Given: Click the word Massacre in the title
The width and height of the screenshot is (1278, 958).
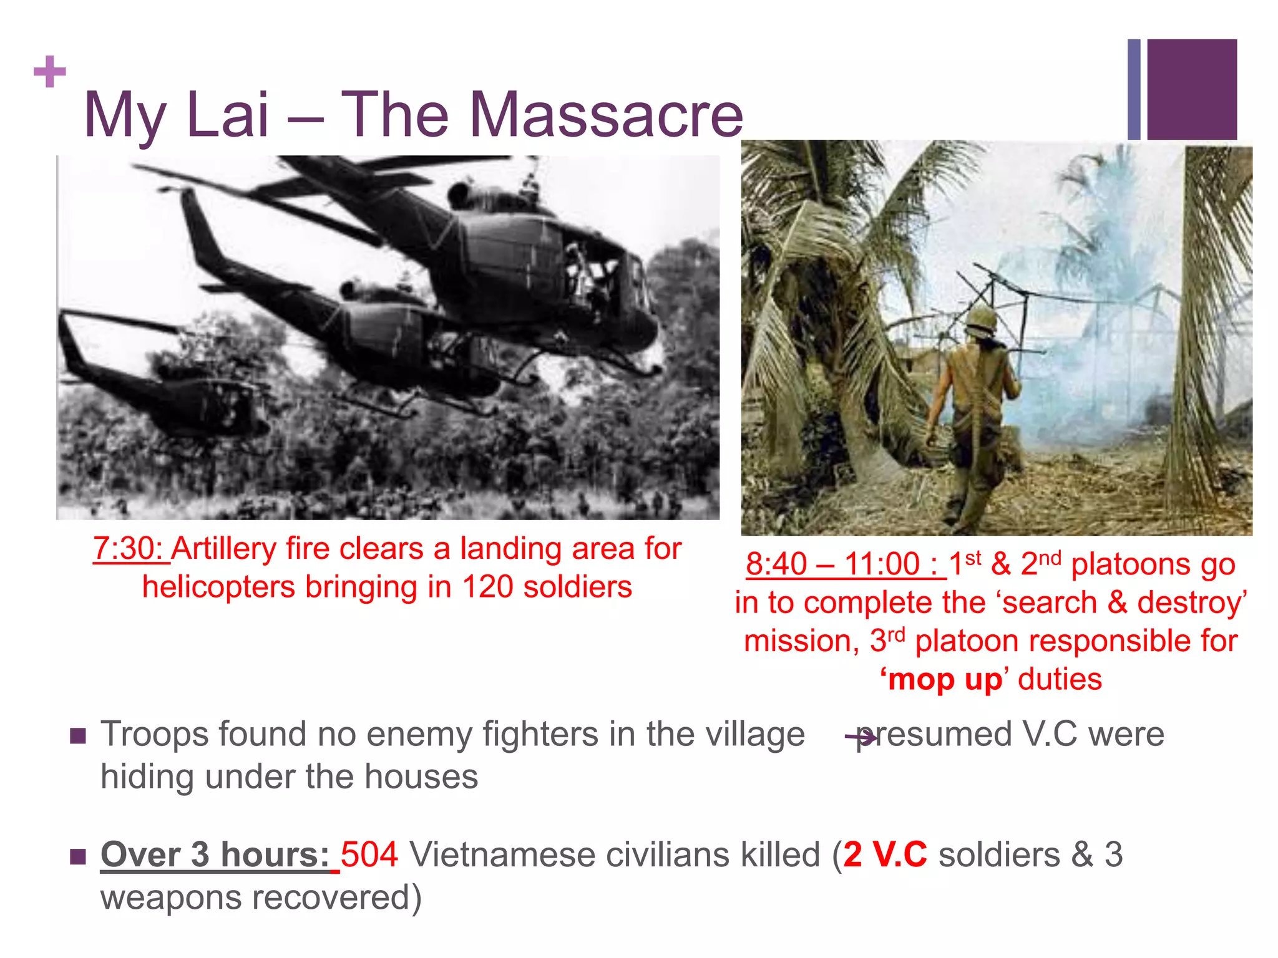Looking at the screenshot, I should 606,115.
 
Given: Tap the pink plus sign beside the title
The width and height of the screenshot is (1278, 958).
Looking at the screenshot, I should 50,72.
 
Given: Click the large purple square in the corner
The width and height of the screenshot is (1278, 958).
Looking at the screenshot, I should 1191,89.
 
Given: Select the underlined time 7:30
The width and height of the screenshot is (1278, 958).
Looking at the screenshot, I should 130,549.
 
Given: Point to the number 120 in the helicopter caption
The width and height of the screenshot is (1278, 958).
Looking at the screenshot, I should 487,587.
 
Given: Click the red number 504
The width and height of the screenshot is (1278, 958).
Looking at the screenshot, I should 369,854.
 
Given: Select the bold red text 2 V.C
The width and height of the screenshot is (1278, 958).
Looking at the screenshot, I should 885,854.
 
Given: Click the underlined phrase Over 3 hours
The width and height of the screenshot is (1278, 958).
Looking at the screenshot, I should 215,854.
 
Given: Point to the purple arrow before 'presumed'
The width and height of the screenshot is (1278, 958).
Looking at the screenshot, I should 861,738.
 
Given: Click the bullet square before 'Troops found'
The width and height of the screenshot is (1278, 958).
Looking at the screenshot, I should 78,737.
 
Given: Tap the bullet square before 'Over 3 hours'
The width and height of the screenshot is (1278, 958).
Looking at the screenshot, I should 78,856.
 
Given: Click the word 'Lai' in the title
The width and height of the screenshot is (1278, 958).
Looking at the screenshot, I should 227,115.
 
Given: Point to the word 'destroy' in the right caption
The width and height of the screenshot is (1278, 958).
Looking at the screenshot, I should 1191,603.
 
